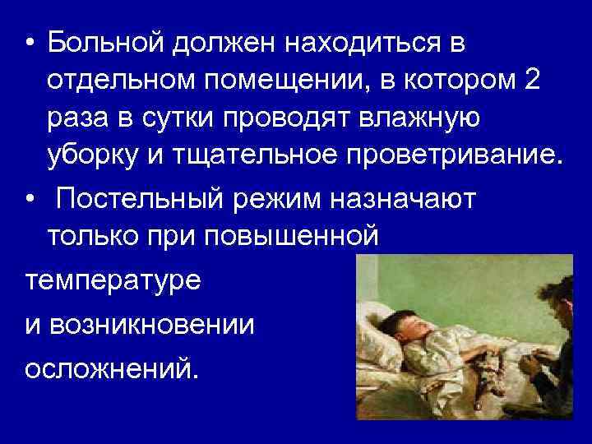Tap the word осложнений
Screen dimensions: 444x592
pos(111,369)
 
